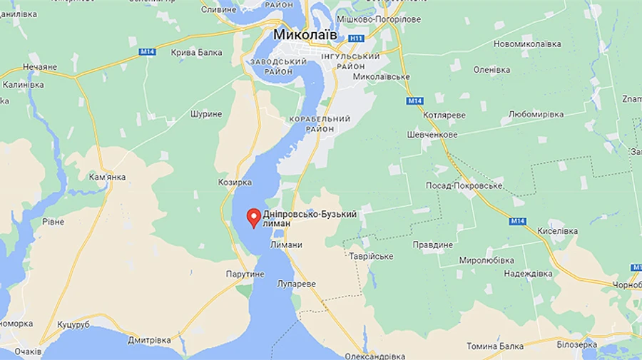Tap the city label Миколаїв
305,35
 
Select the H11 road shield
357,38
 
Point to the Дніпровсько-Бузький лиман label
309,218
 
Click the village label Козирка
235,182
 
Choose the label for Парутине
246,274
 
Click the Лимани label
286,245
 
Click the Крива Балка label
197,53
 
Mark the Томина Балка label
495,346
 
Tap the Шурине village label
207,113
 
